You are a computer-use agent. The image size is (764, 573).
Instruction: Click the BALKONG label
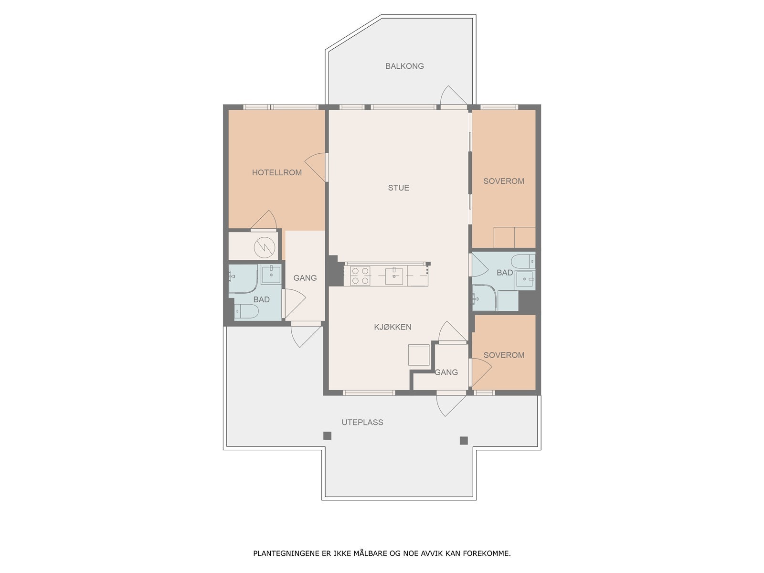404,66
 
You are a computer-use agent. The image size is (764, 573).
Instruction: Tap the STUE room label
398,188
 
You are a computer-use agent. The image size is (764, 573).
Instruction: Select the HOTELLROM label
276,172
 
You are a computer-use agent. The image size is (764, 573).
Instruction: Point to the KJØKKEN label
393,327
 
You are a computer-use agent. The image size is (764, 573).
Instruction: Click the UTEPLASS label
362,423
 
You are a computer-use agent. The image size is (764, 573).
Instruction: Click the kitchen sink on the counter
394,276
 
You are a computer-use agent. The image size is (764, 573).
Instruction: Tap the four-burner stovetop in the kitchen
360,276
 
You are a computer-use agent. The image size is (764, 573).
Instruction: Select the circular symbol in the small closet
265,248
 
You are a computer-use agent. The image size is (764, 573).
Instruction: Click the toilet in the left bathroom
246,311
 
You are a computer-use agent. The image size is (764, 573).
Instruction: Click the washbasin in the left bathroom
271,275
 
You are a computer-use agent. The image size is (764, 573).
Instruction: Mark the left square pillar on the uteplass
327,435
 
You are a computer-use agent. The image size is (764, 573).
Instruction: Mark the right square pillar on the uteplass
463,441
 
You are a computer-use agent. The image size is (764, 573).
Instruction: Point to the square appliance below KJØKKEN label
419,355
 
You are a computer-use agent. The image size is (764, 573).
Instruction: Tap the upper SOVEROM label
504,181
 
